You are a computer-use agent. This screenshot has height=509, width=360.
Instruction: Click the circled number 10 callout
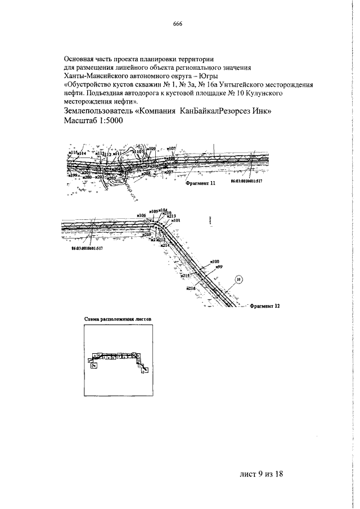[x=238, y=278]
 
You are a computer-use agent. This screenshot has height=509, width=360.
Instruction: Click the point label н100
[x=214, y=262]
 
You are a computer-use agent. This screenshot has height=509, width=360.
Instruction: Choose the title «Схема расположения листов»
[x=118, y=318]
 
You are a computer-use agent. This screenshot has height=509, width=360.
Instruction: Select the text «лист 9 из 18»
[x=258, y=474]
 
